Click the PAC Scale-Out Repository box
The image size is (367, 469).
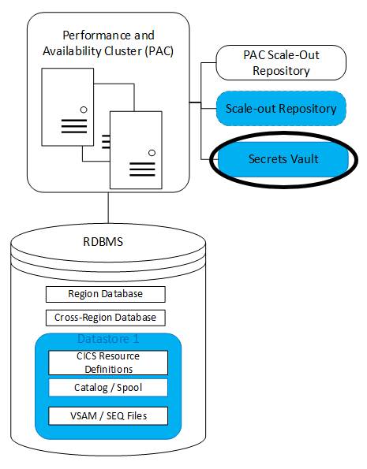(282, 63)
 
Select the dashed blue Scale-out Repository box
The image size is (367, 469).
(282, 109)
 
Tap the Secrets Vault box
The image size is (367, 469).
(283, 159)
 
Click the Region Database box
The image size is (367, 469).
(105, 294)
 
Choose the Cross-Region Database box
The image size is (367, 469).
(105, 318)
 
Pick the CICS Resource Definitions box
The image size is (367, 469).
(108, 363)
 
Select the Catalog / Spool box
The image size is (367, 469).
(108, 388)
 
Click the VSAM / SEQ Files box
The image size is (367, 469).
(108, 415)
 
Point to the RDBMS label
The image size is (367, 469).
(108, 243)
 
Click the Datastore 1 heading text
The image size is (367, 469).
(108, 340)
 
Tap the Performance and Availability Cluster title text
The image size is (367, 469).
(108, 43)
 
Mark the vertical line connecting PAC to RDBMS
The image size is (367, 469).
(108, 207)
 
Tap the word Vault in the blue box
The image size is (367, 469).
(304, 159)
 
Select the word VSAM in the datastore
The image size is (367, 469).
(82, 415)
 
